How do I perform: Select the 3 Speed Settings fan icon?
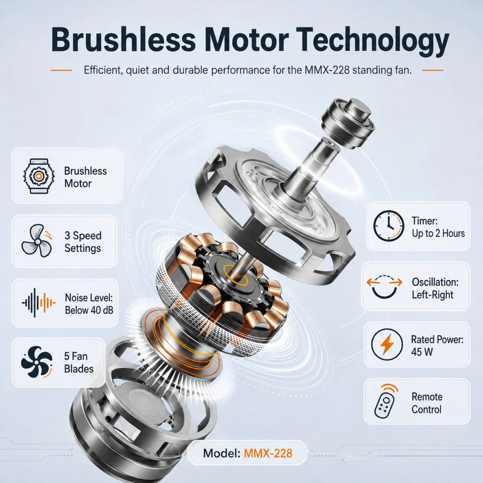(37, 241)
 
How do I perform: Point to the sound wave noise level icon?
(38, 303)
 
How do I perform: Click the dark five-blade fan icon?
(37, 362)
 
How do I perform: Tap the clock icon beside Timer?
(388, 226)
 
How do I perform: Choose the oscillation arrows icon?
(384, 287)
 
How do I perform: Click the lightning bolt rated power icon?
(387, 345)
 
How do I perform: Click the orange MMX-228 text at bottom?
(268, 453)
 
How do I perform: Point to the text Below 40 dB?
(89, 310)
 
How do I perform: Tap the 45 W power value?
(422, 352)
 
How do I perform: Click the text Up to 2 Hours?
(438, 233)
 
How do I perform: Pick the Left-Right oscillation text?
(433, 295)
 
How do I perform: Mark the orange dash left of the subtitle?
(61, 70)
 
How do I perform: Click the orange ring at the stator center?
(235, 275)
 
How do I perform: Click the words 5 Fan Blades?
(79, 362)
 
